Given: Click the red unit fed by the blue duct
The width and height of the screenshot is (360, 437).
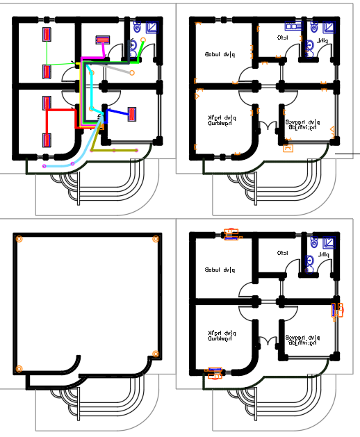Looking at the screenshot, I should point(131,114).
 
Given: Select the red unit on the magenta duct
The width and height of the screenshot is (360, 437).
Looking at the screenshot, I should point(103,40).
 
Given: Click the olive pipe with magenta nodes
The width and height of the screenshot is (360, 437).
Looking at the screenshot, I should point(115,149).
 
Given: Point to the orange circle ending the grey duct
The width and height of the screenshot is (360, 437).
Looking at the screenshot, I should point(132,72).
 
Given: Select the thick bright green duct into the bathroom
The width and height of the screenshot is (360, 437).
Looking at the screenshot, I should point(141,51).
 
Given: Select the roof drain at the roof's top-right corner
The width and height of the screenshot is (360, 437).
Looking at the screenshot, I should point(156,238).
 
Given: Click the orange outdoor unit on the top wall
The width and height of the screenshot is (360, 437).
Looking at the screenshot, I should point(231,236).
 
